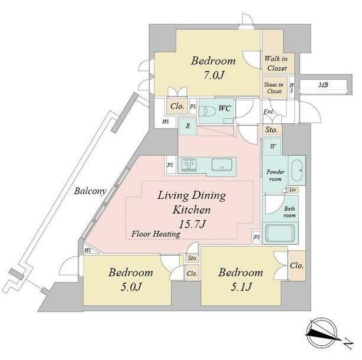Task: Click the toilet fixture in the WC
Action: coord(207,111)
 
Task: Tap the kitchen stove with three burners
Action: coord(189,165)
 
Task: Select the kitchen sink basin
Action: coord(222,165)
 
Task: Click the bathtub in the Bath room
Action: coord(280,233)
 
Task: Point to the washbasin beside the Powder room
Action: coord(297,171)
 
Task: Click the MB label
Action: coord(323,85)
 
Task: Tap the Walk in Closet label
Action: coord(277,63)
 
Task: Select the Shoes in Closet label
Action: coord(274,88)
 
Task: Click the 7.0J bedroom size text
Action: coord(214,75)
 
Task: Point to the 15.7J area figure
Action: coord(192,224)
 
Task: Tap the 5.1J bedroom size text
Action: coord(241,287)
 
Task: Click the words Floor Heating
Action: coord(156,234)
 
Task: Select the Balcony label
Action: coord(90,191)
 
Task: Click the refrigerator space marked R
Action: coord(188,126)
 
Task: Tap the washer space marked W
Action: coord(272,146)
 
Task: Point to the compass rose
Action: coord(322,332)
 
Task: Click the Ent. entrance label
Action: coord(269,112)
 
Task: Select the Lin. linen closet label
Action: coord(293,190)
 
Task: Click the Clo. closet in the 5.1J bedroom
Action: coord(297,266)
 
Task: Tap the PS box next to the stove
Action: coord(170,165)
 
